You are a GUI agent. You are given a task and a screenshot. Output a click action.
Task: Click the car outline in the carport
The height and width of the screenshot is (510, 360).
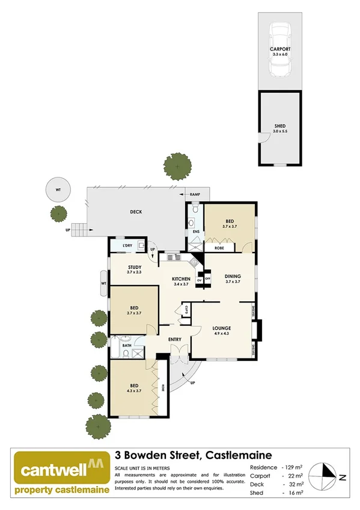click(279, 50)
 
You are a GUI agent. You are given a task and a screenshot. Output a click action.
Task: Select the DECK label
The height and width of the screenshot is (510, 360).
click(136, 212)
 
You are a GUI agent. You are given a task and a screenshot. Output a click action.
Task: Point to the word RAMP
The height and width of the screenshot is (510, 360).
click(195, 195)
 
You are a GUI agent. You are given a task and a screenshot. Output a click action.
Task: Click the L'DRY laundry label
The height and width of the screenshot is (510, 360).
click(127, 245)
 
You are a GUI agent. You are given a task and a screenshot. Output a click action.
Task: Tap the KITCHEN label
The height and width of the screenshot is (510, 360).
click(181, 279)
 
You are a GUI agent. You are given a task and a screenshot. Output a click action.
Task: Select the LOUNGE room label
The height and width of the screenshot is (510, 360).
click(222, 328)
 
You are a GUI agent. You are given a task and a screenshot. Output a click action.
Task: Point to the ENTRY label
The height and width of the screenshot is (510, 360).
click(175, 340)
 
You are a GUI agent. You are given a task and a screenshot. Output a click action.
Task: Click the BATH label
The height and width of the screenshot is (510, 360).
click(127, 345)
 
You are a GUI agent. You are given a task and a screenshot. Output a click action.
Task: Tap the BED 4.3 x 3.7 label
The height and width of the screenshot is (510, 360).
click(135, 386)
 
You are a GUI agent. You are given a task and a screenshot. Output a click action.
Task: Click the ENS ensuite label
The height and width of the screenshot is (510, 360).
click(196, 232)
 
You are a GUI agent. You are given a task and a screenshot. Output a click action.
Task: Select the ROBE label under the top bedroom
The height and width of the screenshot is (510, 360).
click(219, 247)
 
